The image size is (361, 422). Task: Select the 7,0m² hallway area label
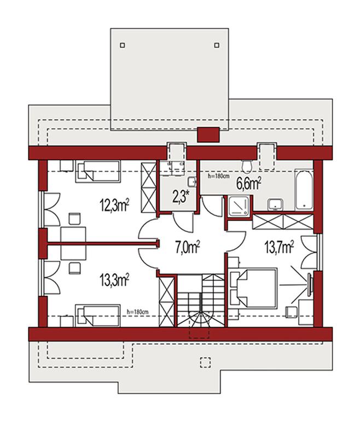tap(188, 248)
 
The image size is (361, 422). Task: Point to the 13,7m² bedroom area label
tap(279, 247)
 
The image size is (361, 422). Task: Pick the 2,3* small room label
tap(180, 198)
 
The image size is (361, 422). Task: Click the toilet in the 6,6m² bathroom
tap(247, 167)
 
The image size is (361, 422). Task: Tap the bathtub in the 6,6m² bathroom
tap(304, 190)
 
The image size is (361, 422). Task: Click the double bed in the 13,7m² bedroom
tap(253, 288)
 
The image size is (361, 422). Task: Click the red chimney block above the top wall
tap(208, 135)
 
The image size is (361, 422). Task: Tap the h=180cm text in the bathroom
tap(219, 177)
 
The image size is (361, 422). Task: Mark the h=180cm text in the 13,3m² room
tap(137, 312)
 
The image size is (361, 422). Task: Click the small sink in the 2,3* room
tap(192, 182)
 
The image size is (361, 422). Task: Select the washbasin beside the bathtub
tap(275, 204)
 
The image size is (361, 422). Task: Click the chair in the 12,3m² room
tap(74, 219)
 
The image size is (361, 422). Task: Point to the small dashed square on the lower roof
tap(205, 362)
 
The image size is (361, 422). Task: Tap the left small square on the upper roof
tap(123, 45)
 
